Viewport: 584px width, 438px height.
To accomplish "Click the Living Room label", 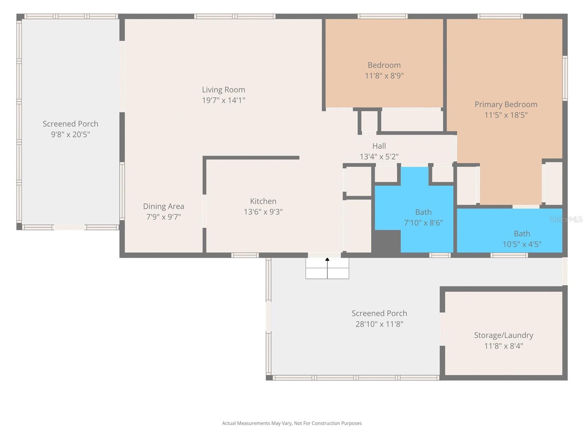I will tap(223, 90).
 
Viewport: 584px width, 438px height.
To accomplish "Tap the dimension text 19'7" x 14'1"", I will tap(223, 100).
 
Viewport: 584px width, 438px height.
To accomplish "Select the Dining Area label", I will tap(164, 207).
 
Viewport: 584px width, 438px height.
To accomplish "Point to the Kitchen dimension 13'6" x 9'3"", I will tap(263, 212).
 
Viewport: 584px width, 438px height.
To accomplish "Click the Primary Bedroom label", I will tap(506, 105).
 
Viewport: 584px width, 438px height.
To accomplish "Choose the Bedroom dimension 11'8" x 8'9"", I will tap(384, 76).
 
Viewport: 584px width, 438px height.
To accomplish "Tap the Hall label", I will tap(379, 146).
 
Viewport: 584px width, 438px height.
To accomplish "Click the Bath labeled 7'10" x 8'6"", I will tap(423, 218).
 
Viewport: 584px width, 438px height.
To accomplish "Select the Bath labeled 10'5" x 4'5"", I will tap(522, 239).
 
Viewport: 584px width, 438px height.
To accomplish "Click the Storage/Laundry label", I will tap(503, 335).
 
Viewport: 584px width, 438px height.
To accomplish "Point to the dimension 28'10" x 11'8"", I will tap(379, 324).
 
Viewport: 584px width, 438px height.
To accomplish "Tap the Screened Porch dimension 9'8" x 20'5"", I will tap(70, 135).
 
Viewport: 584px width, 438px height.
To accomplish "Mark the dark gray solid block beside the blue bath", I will tap(386, 241).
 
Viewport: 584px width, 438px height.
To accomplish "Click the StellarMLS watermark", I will tap(566, 219).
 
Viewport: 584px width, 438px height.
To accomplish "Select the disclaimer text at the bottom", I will tap(292, 423).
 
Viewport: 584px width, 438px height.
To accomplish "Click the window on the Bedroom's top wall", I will tap(382, 16).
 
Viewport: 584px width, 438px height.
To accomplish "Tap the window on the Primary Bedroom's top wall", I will tap(500, 16).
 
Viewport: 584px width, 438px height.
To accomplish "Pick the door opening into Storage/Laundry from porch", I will tap(442, 329).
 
